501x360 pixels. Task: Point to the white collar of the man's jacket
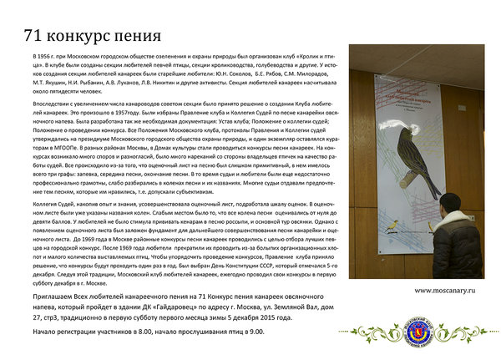pyautogui.click(x=454, y=219)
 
